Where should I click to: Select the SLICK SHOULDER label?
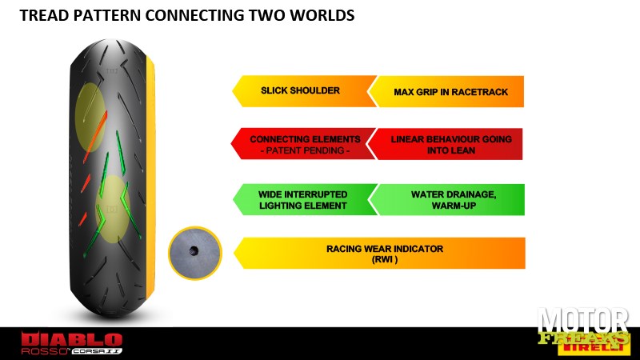tap(301, 90)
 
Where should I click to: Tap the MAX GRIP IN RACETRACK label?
tap(451, 92)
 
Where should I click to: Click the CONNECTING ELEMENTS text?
tap(305, 139)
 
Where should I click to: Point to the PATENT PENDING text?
tap(305, 150)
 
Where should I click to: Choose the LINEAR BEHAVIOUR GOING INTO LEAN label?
tap(451, 145)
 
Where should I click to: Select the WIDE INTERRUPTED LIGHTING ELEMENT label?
tap(303, 200)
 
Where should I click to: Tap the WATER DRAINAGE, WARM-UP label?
tap(454, 200)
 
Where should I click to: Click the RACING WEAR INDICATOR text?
tap(385, 249)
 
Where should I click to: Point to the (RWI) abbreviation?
tap(385, 259)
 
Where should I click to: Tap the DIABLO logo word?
tap(72, 339)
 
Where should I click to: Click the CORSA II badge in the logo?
tap(97, 351)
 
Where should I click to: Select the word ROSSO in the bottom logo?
tap(44, 351)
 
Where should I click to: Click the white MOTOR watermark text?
tap(583, 321)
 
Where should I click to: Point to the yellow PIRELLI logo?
tap(592, 347)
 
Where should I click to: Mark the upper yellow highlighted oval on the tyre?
tap(90, 118)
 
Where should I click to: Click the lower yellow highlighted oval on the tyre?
tap(112, 209)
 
